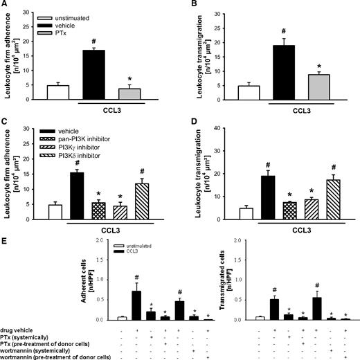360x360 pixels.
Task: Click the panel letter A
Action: pos(6,6)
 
